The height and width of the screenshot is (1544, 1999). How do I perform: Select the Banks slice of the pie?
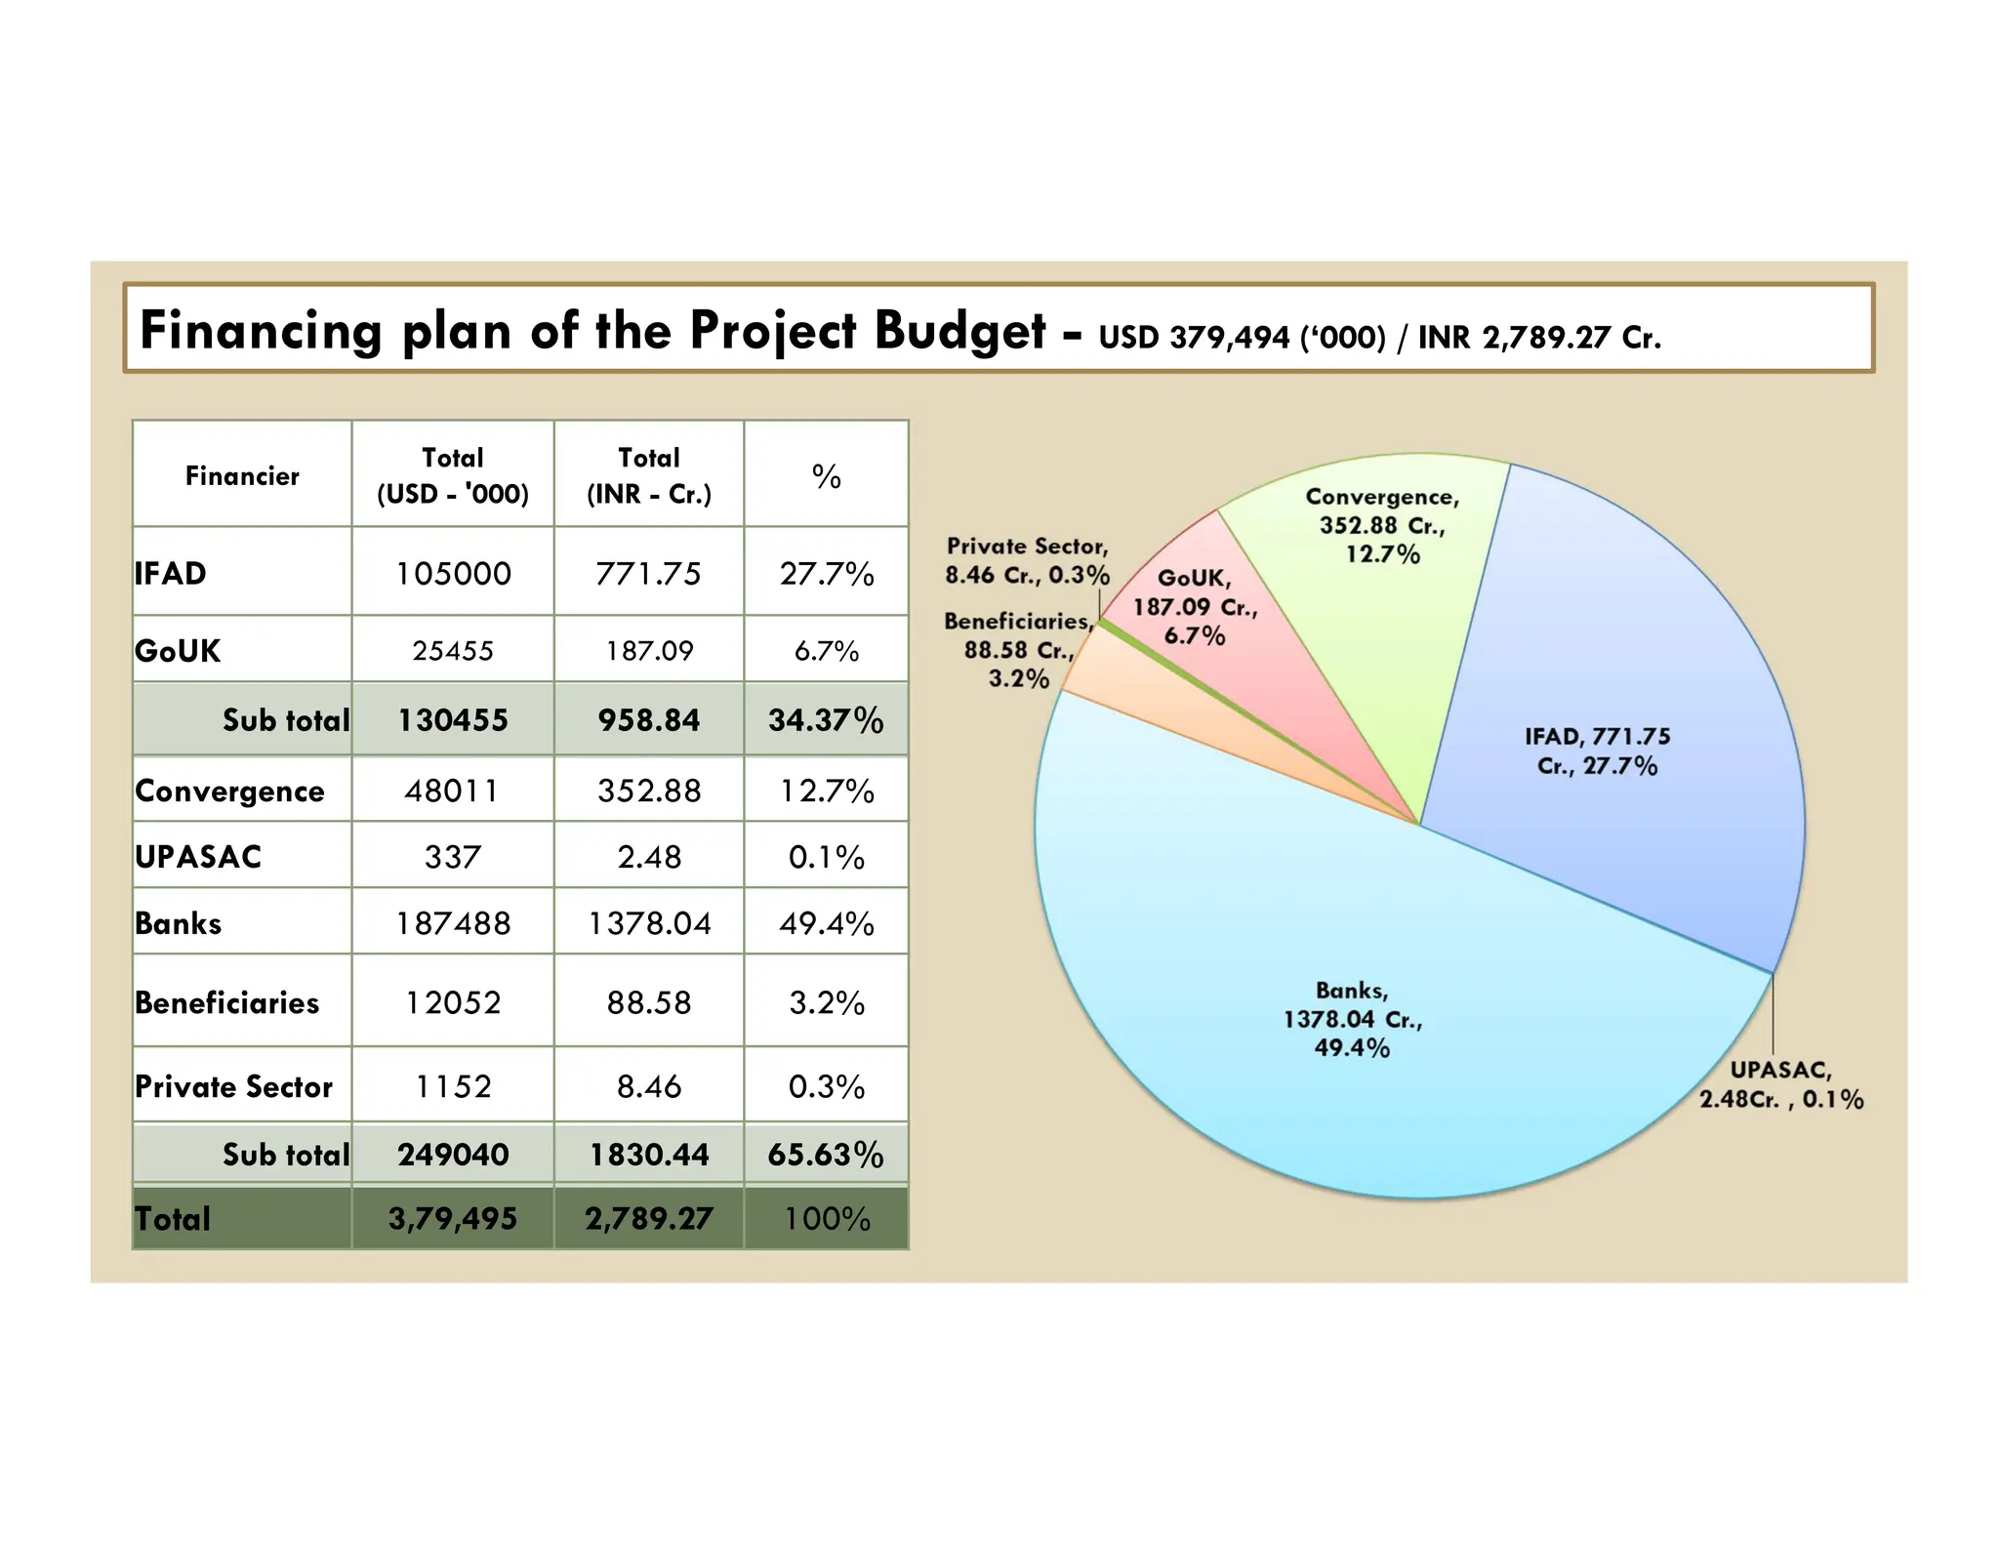1367,1054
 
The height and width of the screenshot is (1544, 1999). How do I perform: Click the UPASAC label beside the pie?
1780,1084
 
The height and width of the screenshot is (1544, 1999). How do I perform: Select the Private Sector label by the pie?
1027,560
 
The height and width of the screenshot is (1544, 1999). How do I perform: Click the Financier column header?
242,475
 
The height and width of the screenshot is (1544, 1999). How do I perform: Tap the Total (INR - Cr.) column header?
648,475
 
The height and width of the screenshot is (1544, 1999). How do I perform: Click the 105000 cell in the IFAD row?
453,573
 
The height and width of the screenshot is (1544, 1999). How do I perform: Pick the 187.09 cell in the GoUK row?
648,650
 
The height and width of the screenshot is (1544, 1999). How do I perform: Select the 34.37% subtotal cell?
826,720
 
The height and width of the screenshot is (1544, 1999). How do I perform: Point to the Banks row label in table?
179,922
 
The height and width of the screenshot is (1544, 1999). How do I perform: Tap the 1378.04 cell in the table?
648,922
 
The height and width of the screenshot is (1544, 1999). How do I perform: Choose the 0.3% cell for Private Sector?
826,1086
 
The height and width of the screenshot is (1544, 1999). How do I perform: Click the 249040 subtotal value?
453,1155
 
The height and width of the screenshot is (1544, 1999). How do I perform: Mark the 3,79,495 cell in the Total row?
453,1218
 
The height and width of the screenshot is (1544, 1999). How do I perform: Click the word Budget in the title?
959,330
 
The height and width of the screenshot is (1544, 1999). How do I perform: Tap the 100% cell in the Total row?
826,1218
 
